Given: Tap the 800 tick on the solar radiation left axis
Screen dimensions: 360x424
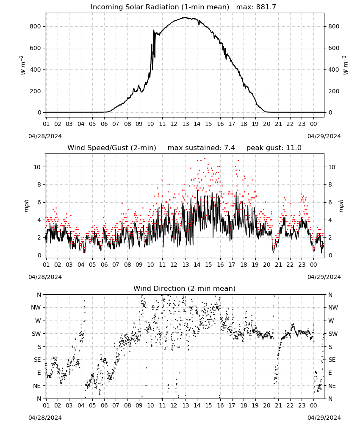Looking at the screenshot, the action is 36,26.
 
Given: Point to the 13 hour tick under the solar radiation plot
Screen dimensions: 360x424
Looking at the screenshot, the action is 186,124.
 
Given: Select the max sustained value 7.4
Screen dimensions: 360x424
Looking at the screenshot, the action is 230,148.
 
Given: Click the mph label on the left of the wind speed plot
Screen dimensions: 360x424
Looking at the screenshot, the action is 26,206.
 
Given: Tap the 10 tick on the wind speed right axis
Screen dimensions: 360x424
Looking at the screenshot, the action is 332,167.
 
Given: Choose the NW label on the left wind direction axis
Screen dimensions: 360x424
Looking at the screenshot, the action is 36,308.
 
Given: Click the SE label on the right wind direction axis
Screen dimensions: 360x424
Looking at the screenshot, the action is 332,360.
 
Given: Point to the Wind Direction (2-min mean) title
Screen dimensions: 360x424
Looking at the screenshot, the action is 185,288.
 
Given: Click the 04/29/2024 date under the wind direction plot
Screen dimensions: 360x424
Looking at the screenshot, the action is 324,418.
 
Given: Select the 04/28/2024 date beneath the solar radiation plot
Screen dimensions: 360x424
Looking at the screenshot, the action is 45,136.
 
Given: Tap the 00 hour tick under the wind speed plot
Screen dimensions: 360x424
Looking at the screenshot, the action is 313,265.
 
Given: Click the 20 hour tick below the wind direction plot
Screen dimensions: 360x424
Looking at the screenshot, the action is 267,406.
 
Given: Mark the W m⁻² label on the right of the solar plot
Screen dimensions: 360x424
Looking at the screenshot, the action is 346,65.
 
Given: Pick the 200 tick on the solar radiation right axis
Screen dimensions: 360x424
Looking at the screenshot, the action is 334,91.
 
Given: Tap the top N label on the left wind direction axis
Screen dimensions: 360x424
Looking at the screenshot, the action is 39,295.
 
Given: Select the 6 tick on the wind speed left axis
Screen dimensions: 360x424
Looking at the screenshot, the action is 39,203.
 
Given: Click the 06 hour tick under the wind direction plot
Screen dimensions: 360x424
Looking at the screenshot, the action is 104,406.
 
